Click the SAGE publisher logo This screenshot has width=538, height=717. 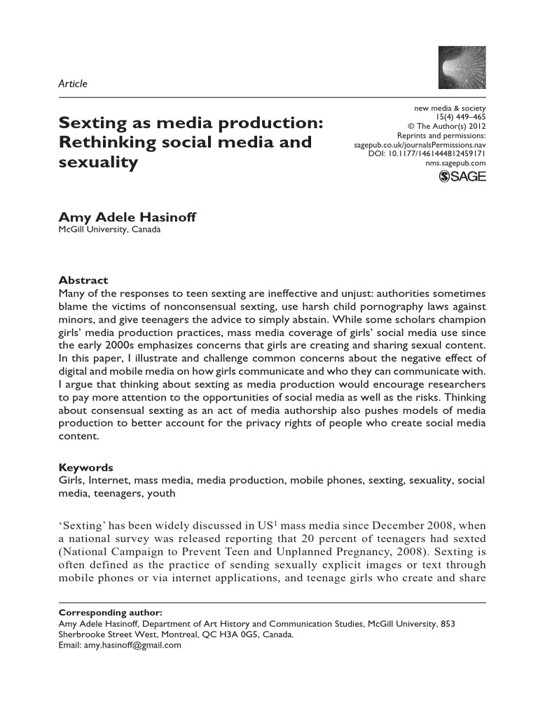(462, 176)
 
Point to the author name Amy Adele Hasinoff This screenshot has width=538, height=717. (127, 218)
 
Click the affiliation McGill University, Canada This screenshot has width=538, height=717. (110, 230)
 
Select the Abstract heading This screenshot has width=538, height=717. (83, 279)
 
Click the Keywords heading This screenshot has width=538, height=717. (85, 468)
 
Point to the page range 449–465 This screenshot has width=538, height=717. (469, 117)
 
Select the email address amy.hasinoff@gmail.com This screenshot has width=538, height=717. (132, 646)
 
